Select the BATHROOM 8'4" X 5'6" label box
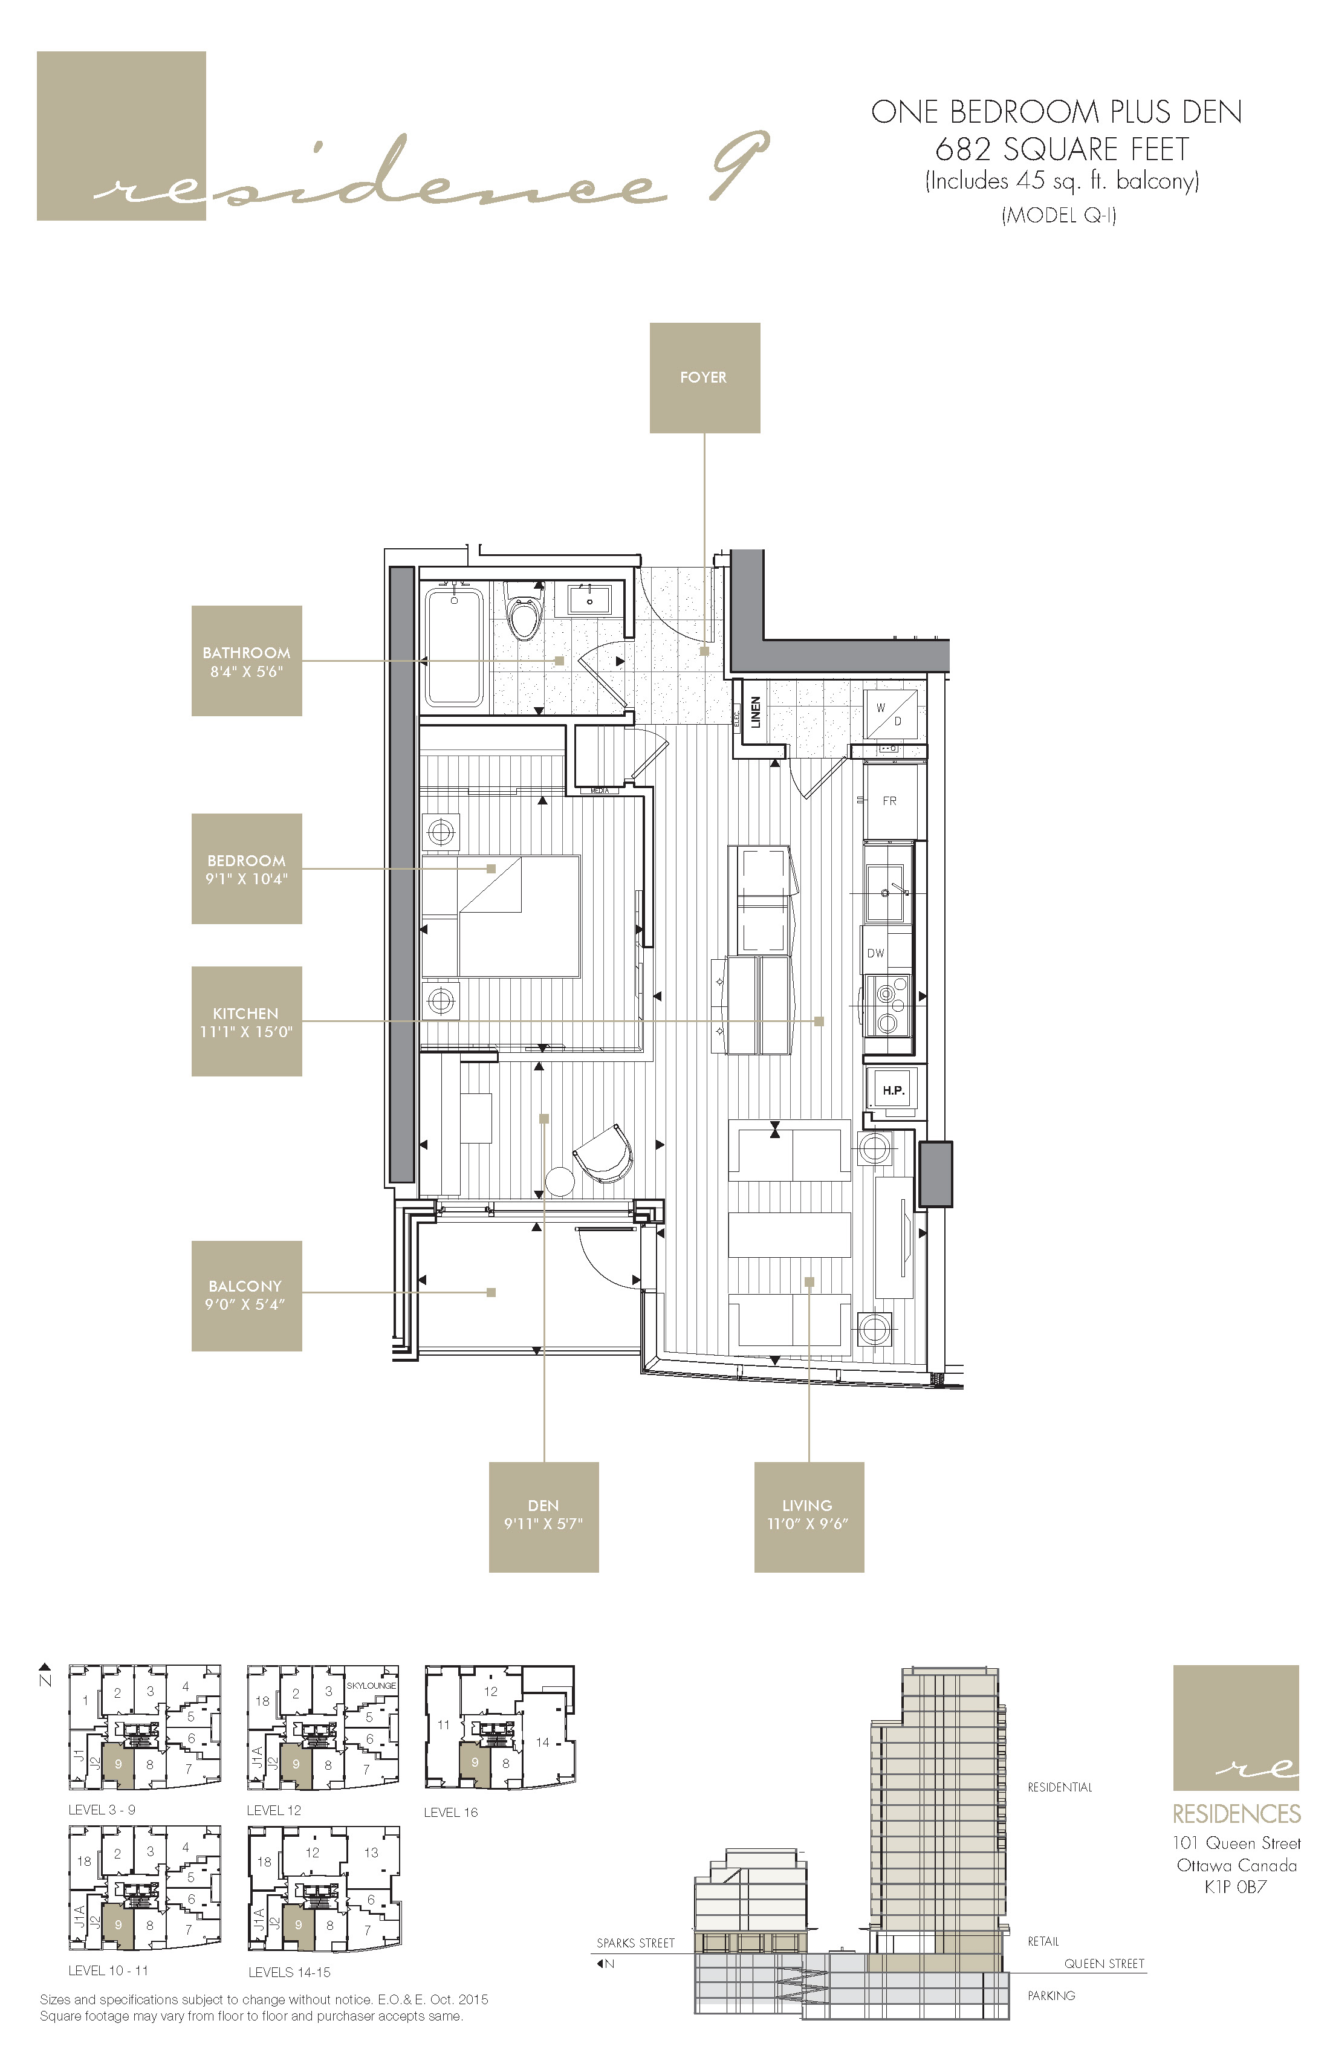point(246,661)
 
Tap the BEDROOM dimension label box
point(246,869)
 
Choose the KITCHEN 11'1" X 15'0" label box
point(246,1021)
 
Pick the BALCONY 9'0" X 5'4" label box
point(246,1295)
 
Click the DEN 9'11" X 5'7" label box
point(543,1516)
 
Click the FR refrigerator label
point(889,801)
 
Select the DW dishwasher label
point(876,953)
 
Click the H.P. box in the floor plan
point(893,1090)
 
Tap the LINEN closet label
point(756,713)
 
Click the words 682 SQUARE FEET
point(1062,149)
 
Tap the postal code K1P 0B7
point(1235,1886)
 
